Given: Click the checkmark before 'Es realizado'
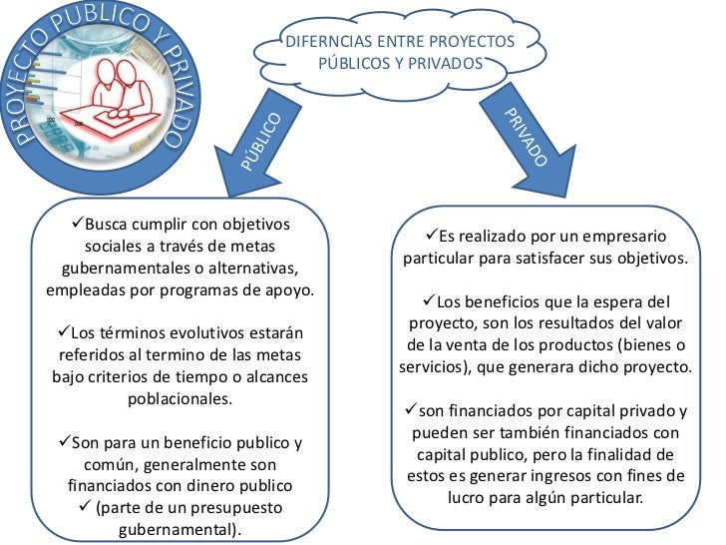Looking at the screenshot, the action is [431, 237].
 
